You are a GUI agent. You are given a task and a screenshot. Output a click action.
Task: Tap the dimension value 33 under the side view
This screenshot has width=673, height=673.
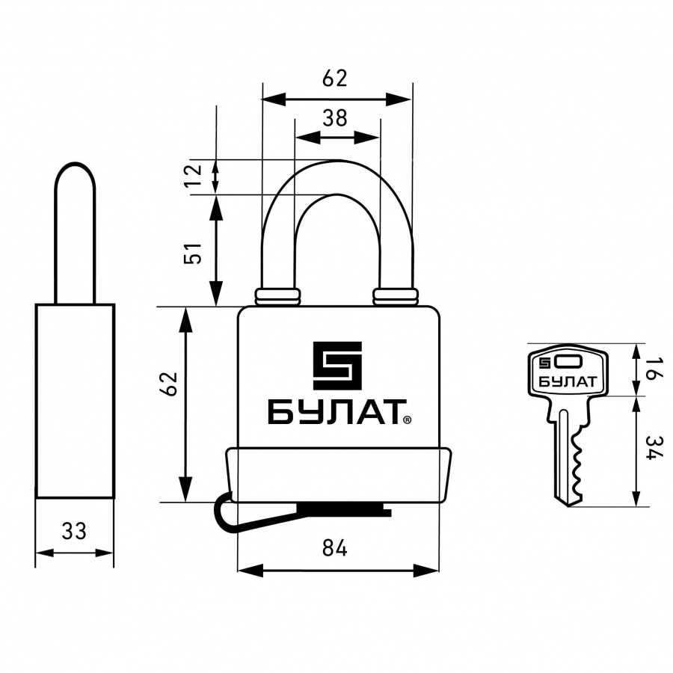click(74, 531)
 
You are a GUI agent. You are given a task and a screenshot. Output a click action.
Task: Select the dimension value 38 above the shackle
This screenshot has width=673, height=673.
click(335, 118)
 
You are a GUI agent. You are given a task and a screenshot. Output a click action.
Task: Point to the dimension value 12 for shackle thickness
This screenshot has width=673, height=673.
click(193, 175)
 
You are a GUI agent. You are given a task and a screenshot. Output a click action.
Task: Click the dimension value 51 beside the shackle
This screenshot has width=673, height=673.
click(193, 253)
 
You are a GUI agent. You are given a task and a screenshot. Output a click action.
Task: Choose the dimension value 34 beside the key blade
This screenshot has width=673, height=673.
click(654, 448)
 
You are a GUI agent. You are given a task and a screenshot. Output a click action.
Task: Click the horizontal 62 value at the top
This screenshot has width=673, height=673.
click(335, 78)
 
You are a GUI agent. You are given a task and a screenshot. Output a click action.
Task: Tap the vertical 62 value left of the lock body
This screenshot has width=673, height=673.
click(168, 384)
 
